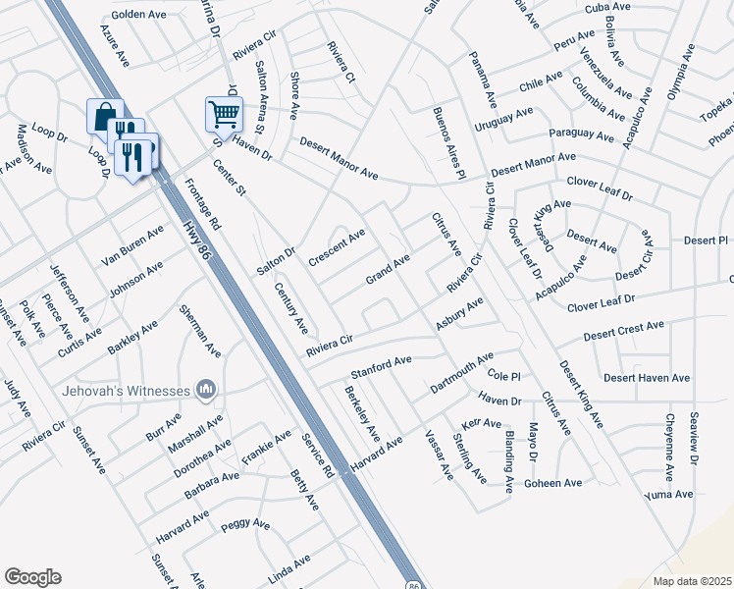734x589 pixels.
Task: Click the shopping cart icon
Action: [224, 114]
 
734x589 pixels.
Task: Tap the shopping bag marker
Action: [105, 117]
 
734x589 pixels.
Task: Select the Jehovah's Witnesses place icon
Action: [206, 391]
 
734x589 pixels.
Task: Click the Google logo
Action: [32, 577]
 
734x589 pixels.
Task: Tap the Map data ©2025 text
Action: [692, 581]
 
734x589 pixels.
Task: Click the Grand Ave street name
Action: [388, 268]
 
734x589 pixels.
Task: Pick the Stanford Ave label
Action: [381, 369]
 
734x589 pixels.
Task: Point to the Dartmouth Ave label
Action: [461, 373]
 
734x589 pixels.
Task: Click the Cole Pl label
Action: [502, 376]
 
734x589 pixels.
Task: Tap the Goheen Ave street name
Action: [553, 483]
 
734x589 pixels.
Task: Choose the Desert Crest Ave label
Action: [623, 331]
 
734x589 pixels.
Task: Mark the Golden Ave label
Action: [139, 15]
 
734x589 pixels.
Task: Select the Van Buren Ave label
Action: [131, 245]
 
